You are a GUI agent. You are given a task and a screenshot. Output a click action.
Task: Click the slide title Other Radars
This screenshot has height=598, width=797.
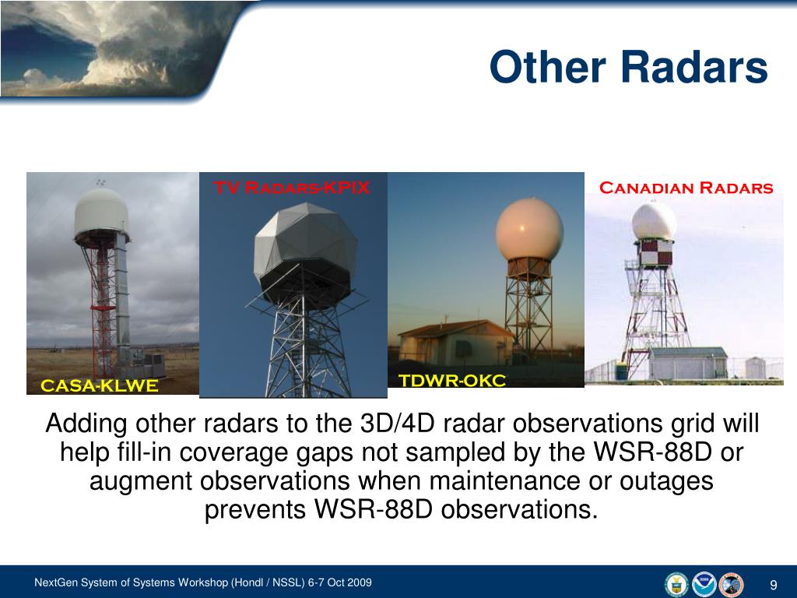point(628,67)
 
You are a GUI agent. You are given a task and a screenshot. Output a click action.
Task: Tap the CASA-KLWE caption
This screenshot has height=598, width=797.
point(99,385)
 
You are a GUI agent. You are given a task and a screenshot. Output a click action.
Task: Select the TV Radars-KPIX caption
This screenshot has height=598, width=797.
point(292,188)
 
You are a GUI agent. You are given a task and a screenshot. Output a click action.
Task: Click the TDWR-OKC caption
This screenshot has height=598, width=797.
point(452,380)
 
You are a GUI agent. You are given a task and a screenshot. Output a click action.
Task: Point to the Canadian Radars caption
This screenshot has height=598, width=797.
point(686,188)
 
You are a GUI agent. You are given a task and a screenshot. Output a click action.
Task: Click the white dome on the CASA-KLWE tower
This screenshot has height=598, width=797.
point(100,212)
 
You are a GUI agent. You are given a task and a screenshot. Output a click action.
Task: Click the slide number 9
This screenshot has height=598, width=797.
point(774,586)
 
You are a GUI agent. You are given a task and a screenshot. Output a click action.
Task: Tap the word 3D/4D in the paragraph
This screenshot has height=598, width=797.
point(397,424)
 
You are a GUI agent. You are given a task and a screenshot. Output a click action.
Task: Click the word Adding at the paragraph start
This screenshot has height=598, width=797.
point(86,424)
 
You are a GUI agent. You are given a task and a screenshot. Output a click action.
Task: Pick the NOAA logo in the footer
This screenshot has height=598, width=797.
point(704,584)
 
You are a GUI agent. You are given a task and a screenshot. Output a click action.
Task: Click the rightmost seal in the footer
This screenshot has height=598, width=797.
point(730,584)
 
